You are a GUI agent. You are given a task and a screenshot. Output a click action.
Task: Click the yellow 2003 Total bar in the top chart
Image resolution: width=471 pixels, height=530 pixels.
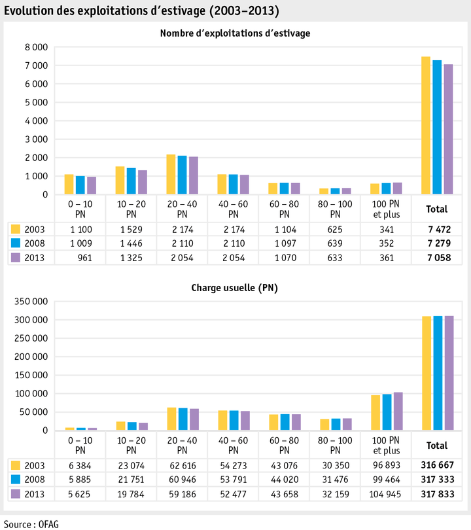coord(426,126)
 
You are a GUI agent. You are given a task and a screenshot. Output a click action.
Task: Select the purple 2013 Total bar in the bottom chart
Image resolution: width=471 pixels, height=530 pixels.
coord(449,373)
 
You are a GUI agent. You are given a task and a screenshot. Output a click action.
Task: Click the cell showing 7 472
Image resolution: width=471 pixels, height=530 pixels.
coord(437,229)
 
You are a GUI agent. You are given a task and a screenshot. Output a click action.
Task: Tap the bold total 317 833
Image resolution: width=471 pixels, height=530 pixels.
coord(437,493)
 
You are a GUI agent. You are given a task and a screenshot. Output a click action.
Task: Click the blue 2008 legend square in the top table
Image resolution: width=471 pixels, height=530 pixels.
coord(16,243)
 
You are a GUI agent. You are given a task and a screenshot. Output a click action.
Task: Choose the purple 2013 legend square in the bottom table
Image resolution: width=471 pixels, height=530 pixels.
coord(16,493)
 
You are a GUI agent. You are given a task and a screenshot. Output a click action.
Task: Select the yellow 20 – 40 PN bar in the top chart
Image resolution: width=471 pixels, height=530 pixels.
coord(171,174)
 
